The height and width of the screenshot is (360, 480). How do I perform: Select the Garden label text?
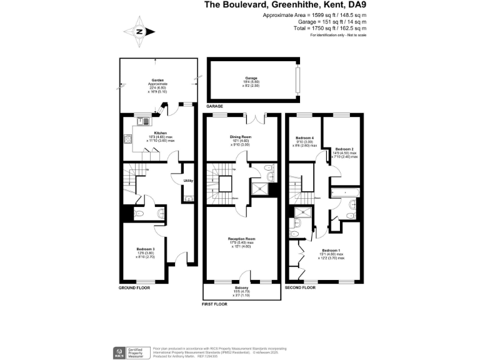pos(157,81)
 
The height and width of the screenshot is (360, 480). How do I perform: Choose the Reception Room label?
pos(241,239)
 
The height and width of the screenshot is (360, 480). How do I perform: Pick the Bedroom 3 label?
pos(144,249)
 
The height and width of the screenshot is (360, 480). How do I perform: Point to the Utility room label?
pos(188,181)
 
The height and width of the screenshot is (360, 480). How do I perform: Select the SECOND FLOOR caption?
pos(301,288)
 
